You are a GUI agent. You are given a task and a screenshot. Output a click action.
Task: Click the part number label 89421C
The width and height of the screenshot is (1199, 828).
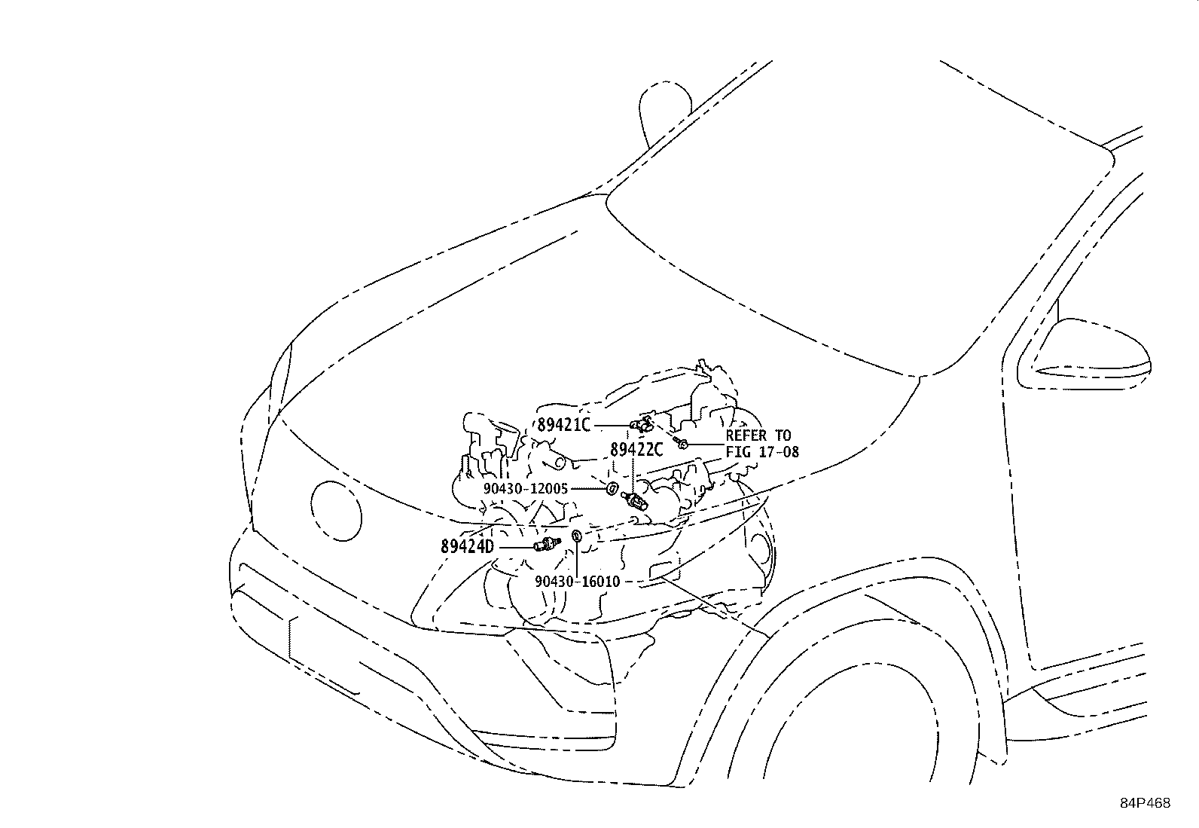pos(563,425)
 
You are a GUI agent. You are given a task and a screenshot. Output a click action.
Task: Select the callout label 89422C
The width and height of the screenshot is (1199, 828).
pos(636,450)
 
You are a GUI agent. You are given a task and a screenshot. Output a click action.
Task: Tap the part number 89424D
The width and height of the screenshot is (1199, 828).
pos(467,547)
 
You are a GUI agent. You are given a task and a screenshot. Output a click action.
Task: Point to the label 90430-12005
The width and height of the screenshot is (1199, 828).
pos(526,488)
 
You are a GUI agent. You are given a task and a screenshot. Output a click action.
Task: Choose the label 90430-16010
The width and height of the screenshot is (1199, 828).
pos(578,582)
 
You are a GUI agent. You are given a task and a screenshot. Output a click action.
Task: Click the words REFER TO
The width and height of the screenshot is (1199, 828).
pos(758,435)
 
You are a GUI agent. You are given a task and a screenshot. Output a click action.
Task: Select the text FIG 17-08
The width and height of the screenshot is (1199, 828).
pos(762,452)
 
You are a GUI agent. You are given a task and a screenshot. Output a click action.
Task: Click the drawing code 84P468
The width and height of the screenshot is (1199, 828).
pos(1145,803)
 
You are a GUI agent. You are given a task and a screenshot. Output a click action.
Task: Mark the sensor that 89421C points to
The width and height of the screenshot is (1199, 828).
pos(642,424)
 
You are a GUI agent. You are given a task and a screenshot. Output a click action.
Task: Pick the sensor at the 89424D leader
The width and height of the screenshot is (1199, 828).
pos(548,544)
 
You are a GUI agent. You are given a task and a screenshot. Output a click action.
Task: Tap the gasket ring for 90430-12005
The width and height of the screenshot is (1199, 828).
pos(612,488)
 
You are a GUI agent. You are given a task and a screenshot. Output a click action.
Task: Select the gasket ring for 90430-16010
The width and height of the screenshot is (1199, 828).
pos(577,536)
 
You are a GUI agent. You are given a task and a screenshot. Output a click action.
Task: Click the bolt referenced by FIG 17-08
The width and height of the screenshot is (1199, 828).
pos(682,443)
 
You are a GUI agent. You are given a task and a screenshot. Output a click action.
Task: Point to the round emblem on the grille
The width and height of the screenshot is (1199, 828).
pos(336,511)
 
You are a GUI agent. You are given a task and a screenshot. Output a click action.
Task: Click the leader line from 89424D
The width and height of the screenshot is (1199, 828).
pos(517,548)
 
